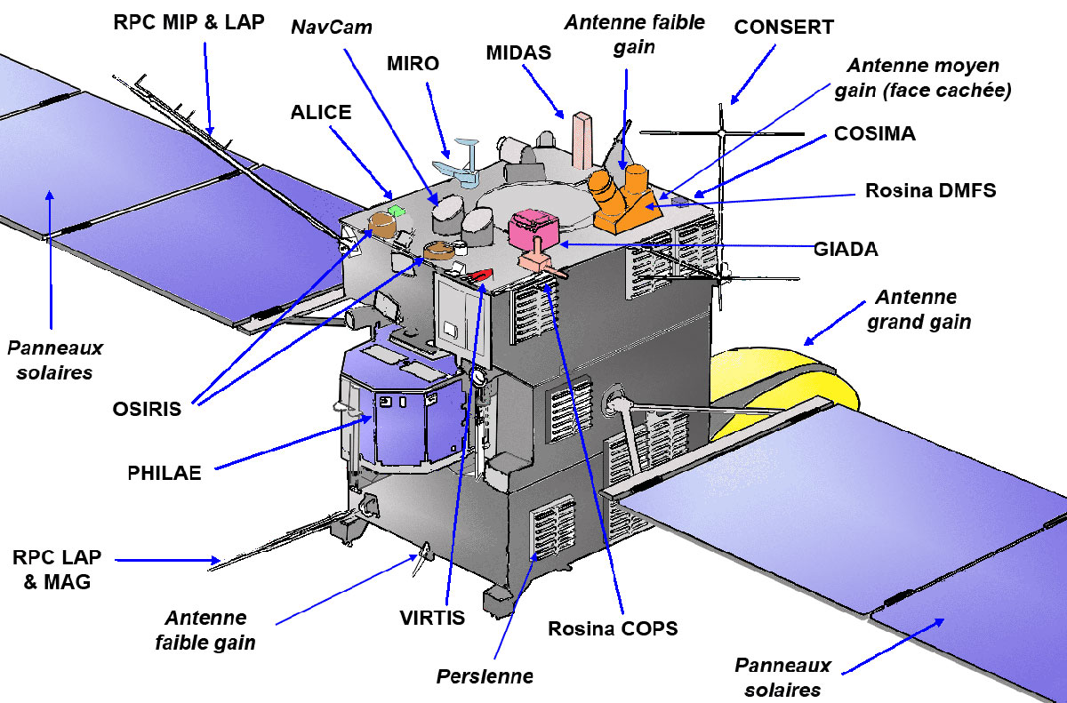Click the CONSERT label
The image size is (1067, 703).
coord(783,28)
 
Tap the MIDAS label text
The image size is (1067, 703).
coord(518,53)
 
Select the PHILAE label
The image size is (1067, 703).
coord(164,472)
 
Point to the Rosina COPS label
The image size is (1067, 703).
coord(613,628)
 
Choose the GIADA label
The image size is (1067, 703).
coord(846,250)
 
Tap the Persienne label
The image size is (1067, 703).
coord(485,676)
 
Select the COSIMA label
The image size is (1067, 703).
coord(874,134)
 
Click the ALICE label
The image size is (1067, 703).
coord(321,113)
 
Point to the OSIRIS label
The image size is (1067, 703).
coord(147,409)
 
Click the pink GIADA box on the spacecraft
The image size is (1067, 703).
coord(533,228)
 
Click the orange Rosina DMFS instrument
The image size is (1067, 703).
coord(622,196)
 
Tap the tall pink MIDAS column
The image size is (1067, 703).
coord(583,140)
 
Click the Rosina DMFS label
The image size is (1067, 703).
coord(931,190)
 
